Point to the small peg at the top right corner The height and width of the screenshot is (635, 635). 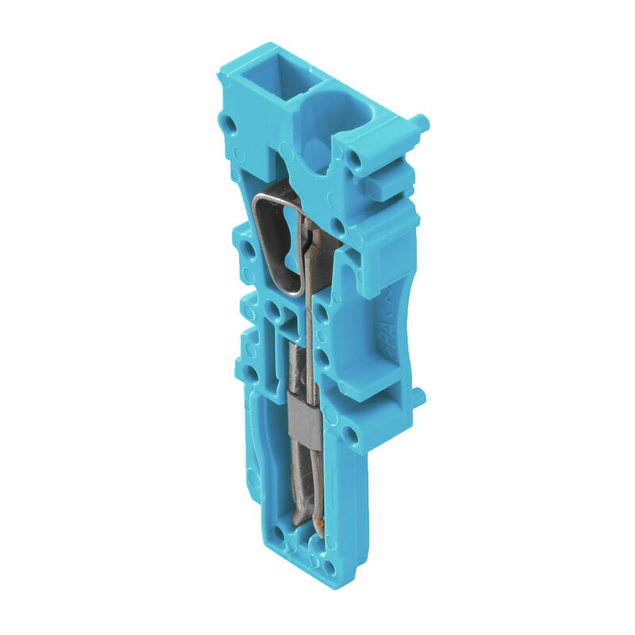(x=420, y=122)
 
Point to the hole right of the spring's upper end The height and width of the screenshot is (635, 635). (x=337, y=225)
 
